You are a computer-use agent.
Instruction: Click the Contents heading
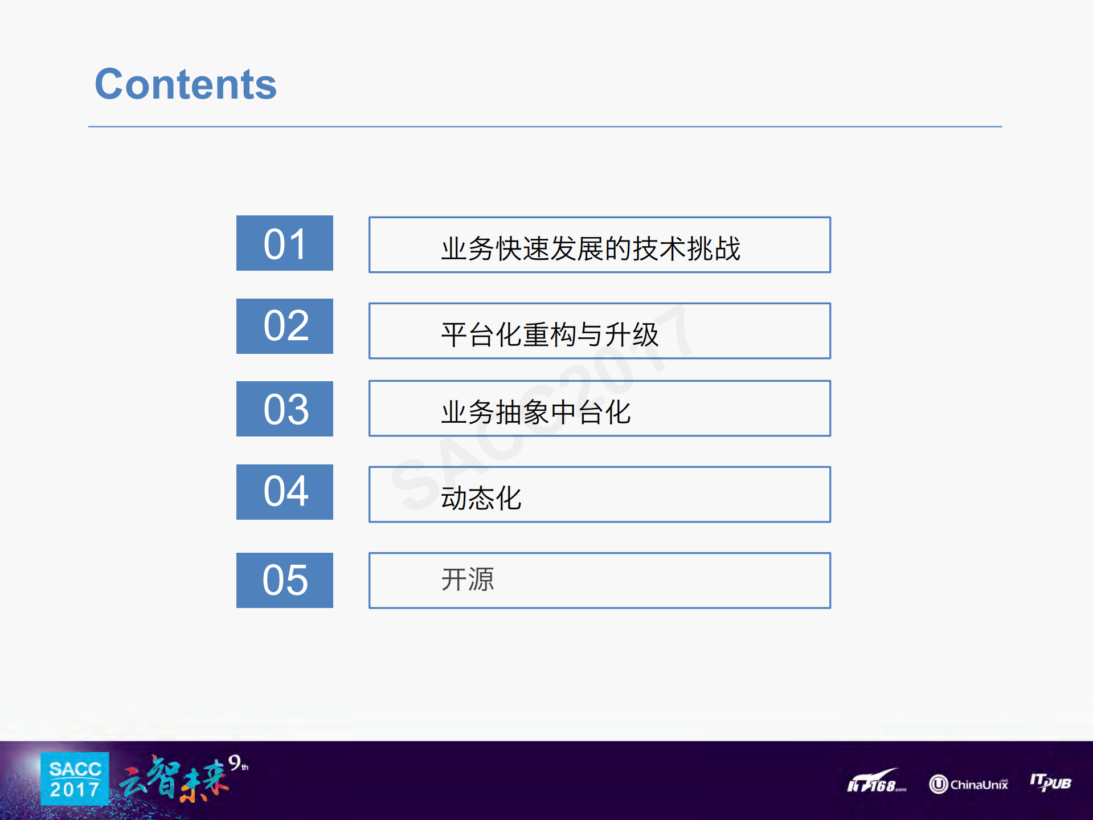coord(186,84)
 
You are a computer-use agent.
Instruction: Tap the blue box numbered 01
coord(285,243)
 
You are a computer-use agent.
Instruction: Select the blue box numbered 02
coord(285,327)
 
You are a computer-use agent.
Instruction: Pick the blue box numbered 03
coord(285,409)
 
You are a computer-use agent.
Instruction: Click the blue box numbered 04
coord(285,492)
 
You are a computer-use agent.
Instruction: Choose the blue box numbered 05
coord(285,580)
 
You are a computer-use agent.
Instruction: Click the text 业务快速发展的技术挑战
coord(590,248)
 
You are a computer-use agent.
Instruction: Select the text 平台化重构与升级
coord(550,334)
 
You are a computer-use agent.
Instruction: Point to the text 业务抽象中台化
coord(535,412)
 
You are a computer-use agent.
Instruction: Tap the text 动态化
coord(481,498)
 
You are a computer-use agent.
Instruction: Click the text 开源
coord(468,580)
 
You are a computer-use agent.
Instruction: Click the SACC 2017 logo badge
coord(75,779)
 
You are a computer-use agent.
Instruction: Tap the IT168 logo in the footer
coord(876,782)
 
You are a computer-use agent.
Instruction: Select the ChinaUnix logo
coord(968,784)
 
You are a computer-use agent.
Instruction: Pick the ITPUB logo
coord(1050,782)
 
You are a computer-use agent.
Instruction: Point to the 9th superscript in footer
coord(238,762)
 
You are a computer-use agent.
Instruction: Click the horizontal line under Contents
coord(545,127)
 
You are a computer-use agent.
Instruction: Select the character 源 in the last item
coord(481,580)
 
